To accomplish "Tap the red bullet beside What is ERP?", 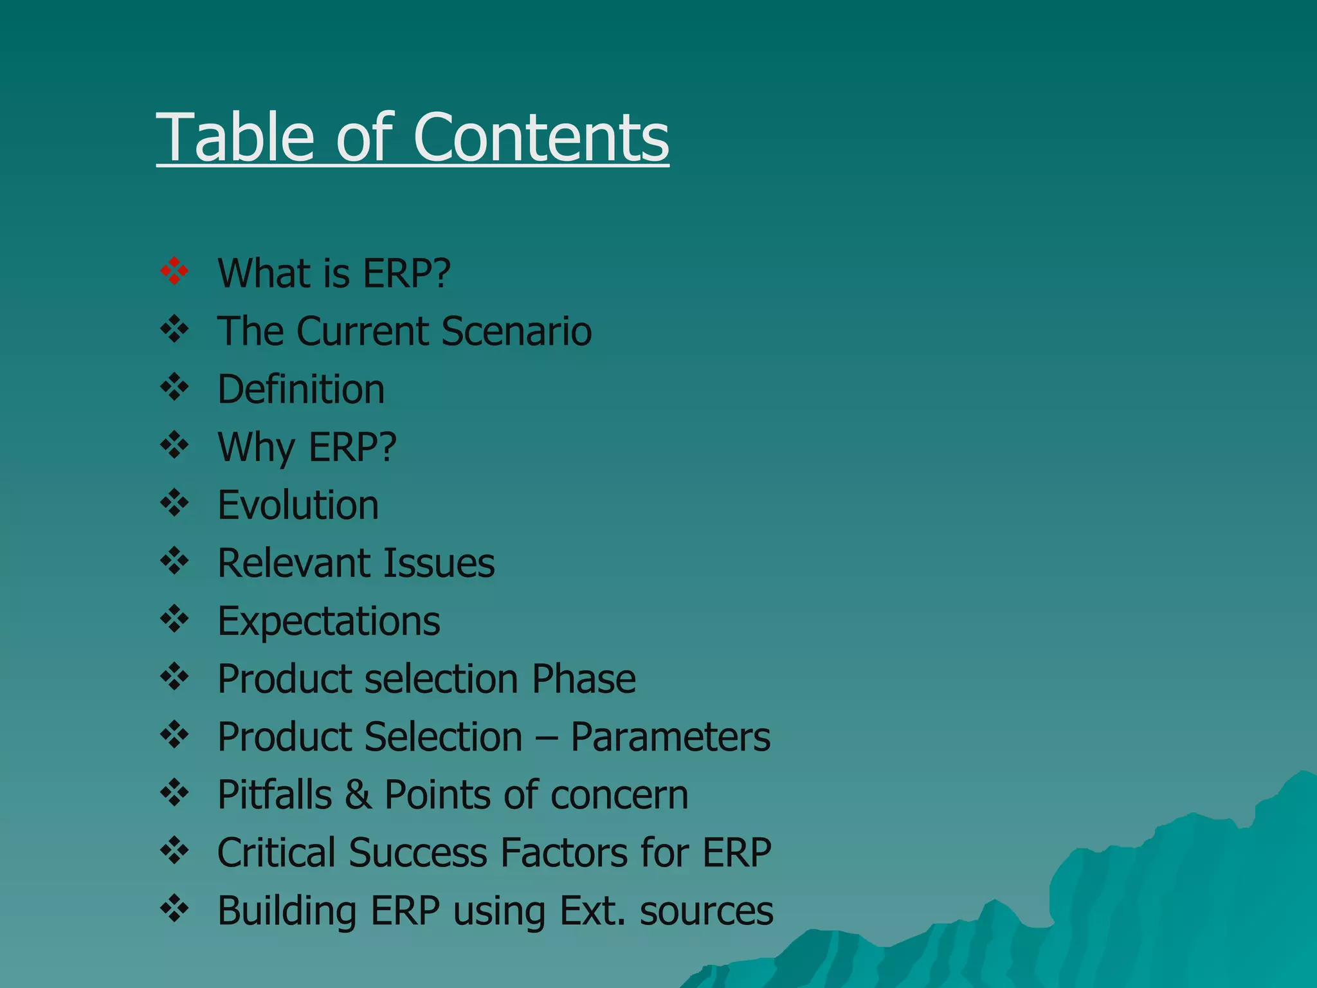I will click(174, 271).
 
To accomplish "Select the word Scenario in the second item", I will click(516, 331).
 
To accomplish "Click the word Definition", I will click(301, 390).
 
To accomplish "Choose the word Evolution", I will click(298, 505).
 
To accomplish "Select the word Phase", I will click(584, 679).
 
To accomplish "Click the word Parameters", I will click(670, 737).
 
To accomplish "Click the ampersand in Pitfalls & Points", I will click(358, 795).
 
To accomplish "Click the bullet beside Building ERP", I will click(174, 908).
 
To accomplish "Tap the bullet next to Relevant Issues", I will click(174, 561).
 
